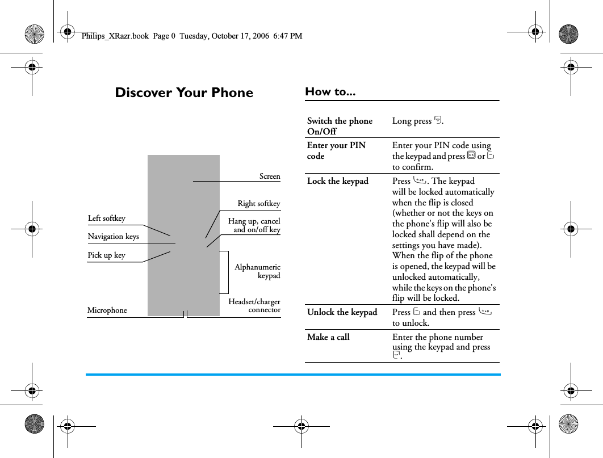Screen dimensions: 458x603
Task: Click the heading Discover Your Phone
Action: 184,93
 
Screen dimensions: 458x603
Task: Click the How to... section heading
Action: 330,91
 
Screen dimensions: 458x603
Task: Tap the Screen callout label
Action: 270,177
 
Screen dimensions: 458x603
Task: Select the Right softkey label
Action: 258,204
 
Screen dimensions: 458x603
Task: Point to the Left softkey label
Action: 107,219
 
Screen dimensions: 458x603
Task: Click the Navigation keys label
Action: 113,237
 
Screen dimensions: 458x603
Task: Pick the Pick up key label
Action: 106,255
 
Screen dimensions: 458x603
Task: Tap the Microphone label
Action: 107,310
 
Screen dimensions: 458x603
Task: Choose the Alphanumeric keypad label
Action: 257,271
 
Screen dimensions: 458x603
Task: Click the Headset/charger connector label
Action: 254,306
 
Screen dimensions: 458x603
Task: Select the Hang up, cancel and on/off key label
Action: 254,225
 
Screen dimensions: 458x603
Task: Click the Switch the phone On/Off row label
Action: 340,126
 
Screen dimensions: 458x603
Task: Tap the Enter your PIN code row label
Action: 336,150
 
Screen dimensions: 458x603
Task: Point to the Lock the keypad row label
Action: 337,182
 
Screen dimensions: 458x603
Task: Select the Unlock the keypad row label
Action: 342,313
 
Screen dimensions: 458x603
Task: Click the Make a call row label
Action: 328,337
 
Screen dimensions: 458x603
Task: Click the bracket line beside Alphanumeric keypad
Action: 228,272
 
